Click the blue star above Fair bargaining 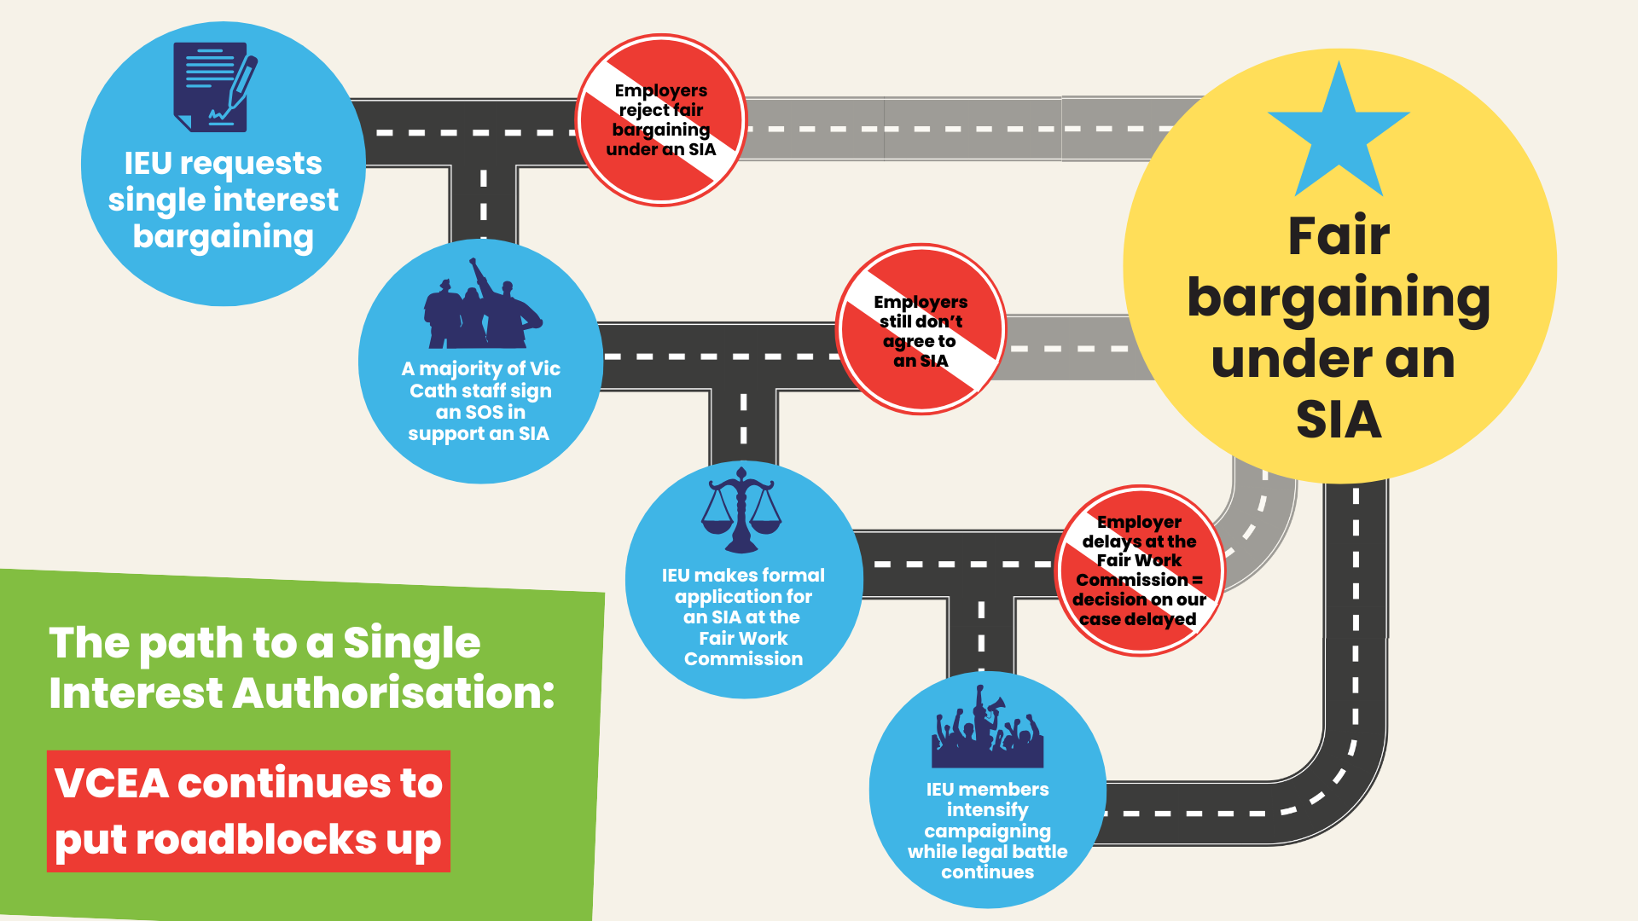pyautogui.click(x=1339, y=136)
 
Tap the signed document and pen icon pyautogui.click(x=214, y=87)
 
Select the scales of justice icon pyautogui.click(x=741, y=509)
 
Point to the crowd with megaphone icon pyautogui.click(x=987, y=730)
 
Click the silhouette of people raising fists pyautogui.click(x=482, y=307)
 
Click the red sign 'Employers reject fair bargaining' pyautogui.click(x=661, y=120)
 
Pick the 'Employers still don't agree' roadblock pyautogui.click(x=921, y=330)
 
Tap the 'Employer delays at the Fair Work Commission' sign pyautogui.click(x=1140, y=571)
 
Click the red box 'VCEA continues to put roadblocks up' pyautogui.click(x=248, y=811)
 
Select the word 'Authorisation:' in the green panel pyautogui.click(x=393, y=692)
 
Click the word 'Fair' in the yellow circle pyautogui.click(x=1339, y=236)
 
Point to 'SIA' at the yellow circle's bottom pyautogui.click(x=1339, y=420)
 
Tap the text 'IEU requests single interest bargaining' pyautogui.click(x=224, y=200)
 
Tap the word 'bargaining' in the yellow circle pyautogui.click(x=1339, y=298)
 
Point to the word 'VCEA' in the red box pyautogui.click(x=112, y=783)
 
